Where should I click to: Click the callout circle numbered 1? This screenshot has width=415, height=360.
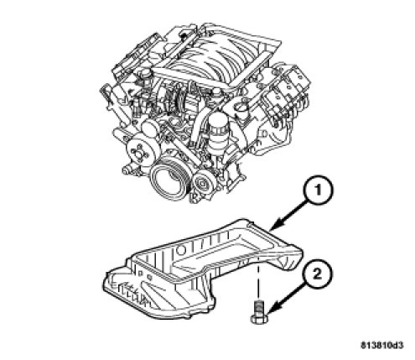coord(318,190)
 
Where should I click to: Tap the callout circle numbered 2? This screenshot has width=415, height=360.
coord(317,274)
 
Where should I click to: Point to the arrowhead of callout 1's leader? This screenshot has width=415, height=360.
coord(275,226)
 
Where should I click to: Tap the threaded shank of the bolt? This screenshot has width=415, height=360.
coord(259,307)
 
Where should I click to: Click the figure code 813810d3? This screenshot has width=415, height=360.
coord(382,346)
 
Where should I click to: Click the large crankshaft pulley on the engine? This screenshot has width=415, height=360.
coord(167,179)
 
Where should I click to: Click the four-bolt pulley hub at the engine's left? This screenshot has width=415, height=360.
coord(137,153)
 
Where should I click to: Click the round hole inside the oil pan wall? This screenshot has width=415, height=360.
coord(180,250)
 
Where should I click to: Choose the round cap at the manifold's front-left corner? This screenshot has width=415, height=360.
coord(145,73)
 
